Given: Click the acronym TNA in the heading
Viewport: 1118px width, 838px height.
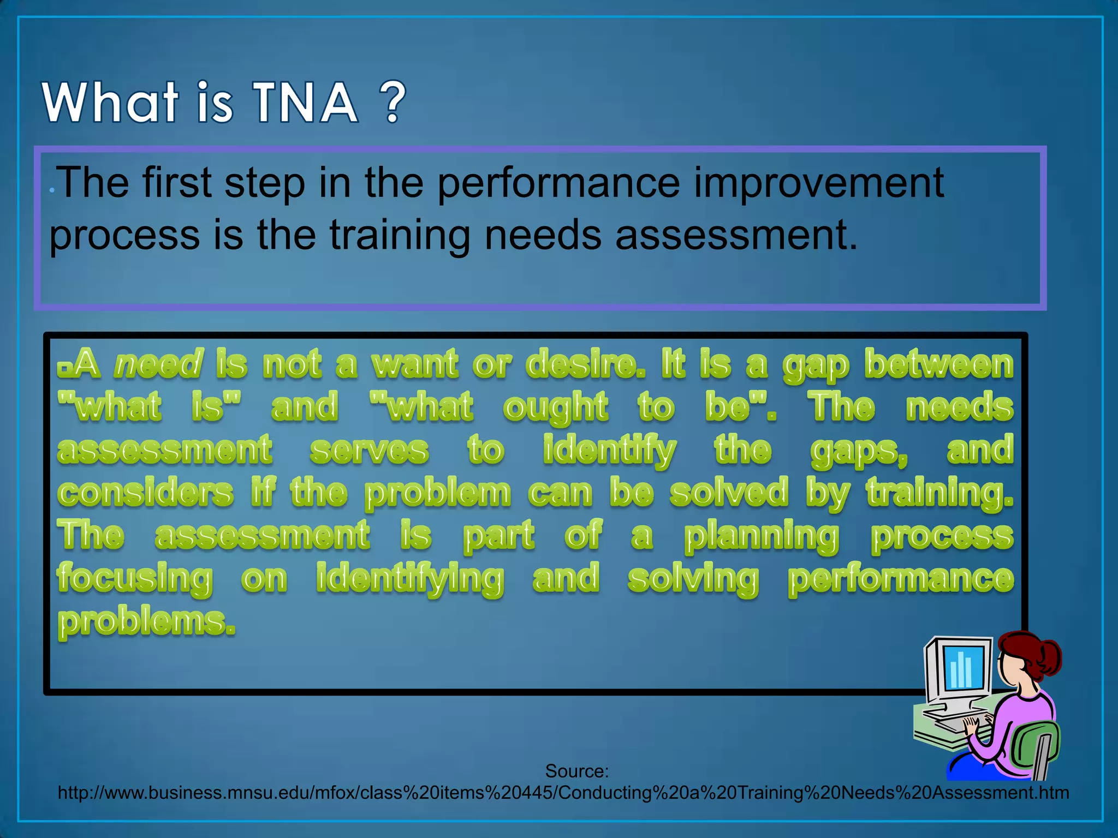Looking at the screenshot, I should pos(306,103).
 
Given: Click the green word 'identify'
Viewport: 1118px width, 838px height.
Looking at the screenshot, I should pos(609,451).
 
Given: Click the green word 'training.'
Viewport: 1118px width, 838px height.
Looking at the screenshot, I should pos(939,493).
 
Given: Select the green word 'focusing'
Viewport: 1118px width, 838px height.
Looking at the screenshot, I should pos(134,579).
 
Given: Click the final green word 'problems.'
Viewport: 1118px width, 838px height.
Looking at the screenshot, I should pos(146,622).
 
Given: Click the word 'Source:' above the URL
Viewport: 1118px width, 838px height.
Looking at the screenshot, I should pos(576,771).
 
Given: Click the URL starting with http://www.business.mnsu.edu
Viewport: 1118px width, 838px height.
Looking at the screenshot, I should pos(563,793).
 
